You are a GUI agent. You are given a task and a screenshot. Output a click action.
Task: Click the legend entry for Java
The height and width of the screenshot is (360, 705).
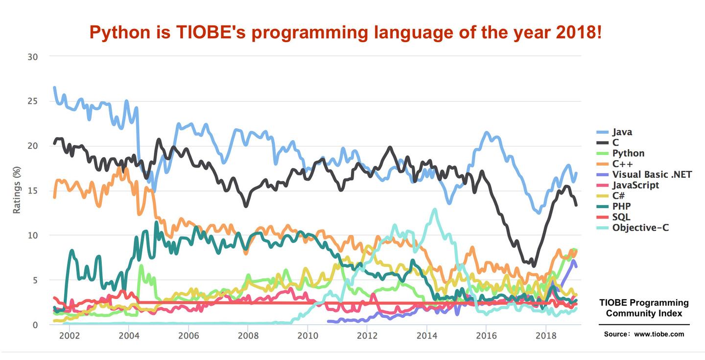pos(622,132)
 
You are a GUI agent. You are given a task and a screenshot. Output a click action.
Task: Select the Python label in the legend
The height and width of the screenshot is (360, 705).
pos(628,153)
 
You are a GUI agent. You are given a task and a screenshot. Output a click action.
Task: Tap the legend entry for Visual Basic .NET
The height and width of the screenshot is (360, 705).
pos(652,174)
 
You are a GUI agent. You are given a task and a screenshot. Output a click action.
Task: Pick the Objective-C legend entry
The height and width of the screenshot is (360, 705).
pos(640,227)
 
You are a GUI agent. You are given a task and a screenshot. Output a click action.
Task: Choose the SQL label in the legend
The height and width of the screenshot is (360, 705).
pos(621,216)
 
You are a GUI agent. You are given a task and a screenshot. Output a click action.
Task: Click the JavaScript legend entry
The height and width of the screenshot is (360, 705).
pos(635,185)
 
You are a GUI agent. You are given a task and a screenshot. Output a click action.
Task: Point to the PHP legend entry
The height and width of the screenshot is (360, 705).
pos(621,206)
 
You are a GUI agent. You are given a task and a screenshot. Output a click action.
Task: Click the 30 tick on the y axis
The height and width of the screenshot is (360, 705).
pos(33,57)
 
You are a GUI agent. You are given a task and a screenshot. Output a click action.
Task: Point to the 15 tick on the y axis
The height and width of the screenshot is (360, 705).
pos(33,191)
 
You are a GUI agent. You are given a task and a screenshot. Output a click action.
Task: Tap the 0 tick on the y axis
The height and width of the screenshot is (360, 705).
pos(35,325)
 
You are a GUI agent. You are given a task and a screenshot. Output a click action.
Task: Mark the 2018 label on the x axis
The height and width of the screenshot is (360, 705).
pos(546,336)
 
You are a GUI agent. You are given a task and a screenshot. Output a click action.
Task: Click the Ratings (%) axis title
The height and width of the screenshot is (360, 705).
pos(17,191)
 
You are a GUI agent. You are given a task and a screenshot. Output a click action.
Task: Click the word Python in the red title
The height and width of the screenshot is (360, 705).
pos(119,33)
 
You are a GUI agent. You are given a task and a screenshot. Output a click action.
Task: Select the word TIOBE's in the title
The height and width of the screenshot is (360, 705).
pos(203,33)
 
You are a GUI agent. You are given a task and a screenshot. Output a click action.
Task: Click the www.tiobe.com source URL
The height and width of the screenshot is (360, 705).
pos(659,334)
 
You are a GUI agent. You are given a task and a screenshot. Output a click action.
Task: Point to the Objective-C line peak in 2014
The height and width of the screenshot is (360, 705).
pos(434,210)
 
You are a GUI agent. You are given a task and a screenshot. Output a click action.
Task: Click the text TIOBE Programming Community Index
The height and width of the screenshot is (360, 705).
pos(644,308)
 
